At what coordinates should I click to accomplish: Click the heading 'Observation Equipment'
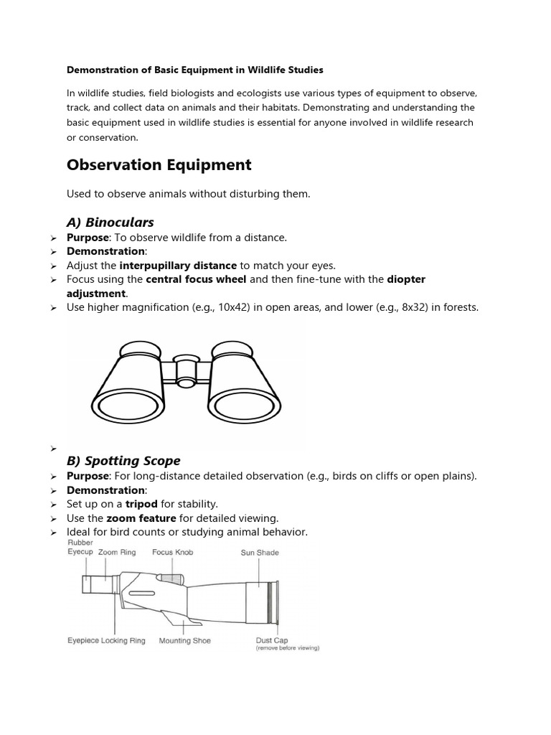tap(159, 165)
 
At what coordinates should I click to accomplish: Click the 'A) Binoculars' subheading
tap(110, 222)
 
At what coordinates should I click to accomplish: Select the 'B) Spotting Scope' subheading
tap(123, 460)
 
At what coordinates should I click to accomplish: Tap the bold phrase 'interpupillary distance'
tap(178, 265)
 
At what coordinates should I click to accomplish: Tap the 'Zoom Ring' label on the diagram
tap(118, 553)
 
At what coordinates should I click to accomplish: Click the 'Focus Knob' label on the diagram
tap(172, 553)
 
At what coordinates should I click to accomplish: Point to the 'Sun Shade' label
tap(260, 553)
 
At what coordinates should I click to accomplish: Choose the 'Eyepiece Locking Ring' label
tap(106, 640)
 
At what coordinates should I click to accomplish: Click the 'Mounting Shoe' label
tap(184, 640)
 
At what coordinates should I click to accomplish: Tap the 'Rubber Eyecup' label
tap(80, 548)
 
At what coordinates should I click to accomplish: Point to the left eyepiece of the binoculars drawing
tap(141, 350)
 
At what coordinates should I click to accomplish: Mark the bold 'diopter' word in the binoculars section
tap(406, 279)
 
